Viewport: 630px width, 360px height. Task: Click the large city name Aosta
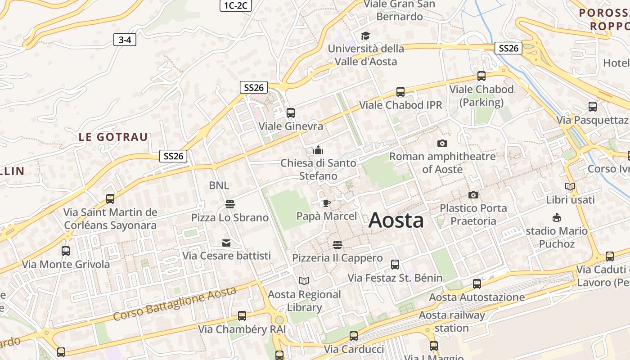tap(396, 220)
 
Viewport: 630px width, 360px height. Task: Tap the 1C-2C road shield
tap(235, 5)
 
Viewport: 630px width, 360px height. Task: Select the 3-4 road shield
tap(125, 40)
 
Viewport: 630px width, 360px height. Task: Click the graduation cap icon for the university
tap(365, 36)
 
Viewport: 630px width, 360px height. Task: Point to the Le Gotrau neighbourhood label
tap(113, 137)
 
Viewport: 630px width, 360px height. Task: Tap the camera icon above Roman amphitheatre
tap(442, 144)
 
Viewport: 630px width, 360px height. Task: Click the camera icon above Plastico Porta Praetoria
tap(473, 195)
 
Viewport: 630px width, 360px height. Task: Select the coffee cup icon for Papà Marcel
tap(327, 203)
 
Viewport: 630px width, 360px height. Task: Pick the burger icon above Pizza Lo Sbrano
tap(230, 204)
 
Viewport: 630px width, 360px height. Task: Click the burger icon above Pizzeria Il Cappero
tap(337, 245)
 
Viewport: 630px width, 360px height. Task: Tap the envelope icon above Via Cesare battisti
tap(226, 243)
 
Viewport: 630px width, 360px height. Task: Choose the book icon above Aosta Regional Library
tap(304, 281)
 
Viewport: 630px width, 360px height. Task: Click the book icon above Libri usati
tap(570, 186)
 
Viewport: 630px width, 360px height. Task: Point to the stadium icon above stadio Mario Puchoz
tap(557, 218)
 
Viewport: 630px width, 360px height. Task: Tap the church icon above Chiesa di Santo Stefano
tap(318, 150)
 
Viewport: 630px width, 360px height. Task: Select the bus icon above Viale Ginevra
tap(291, 113)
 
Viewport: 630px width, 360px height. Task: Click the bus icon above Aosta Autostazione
tap(477, 284)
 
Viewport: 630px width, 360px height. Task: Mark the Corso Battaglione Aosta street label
tap(175, 304)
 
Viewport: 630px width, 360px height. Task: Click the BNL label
tap(219, 185)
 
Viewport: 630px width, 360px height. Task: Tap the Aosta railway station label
tap(452, 321)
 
